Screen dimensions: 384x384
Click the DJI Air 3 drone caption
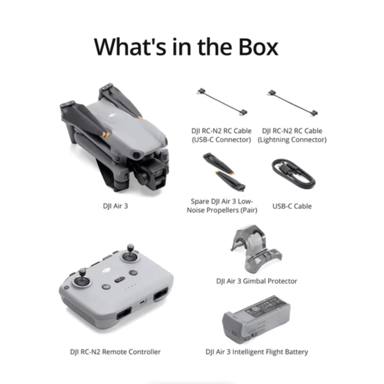(x=115, y=206)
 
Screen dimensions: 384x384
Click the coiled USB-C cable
(x=293, y=173)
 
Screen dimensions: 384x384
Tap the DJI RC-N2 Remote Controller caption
(x=115, y=352)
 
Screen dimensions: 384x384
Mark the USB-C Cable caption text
(x=292, y=206)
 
